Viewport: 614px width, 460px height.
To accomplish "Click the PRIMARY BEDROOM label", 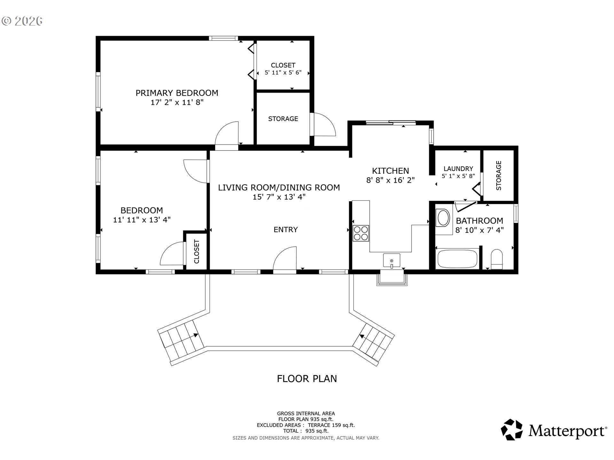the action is coord(177,93).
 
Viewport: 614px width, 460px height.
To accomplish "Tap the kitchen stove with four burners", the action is coord(361,233).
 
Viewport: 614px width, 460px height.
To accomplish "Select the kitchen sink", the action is coord(392,260).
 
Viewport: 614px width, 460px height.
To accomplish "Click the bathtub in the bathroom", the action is coord(457,259).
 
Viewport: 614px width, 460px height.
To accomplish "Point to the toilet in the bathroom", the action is coord(497,259).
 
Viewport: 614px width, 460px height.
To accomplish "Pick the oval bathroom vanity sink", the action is coord(443,218).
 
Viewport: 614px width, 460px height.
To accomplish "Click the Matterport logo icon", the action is coord(512,429).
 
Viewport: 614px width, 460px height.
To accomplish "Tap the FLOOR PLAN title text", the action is coord(307,379).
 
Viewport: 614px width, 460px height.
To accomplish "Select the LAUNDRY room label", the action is coord(458,169).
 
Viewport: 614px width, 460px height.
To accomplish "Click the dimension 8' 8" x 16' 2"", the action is coord(390,180).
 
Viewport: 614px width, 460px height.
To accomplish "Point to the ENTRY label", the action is coord(286,229).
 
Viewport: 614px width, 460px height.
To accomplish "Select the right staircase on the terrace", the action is coord(374,342).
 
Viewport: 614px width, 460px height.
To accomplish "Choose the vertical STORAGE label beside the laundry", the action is coord(499,175).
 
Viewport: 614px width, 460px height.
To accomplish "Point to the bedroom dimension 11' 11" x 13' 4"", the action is coord(142,220).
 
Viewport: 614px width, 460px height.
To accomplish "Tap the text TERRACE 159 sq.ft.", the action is coord(331,425).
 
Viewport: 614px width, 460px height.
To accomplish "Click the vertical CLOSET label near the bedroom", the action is coord(196,251).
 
